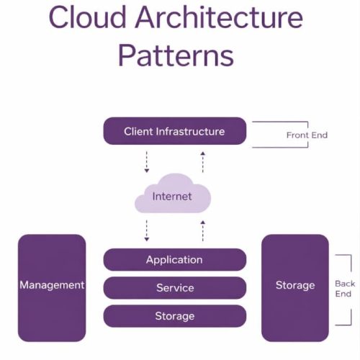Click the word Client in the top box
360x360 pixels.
coord(138,131)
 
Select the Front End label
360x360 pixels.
coord(307,135)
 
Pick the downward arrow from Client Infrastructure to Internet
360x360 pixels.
coord(147,161)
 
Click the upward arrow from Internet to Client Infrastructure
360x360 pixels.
coord(203,161)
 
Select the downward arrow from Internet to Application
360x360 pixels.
coord(147,230)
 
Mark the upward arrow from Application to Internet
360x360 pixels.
coord(203,230)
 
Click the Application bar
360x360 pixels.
coord(175,260)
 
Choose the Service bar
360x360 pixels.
coord(175,288)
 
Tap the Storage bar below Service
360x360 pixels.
coord(175,316)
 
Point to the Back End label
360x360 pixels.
coord(344,289)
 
